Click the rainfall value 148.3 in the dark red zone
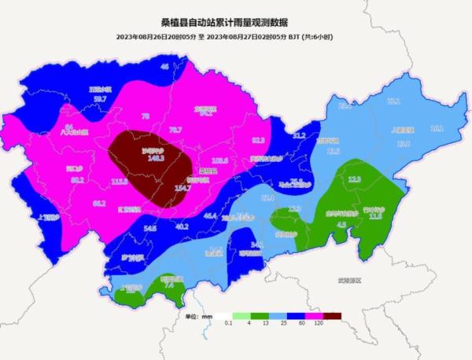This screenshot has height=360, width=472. click(155, 157)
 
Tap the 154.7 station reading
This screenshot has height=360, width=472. click(183, 188)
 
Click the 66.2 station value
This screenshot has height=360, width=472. click(99, 203)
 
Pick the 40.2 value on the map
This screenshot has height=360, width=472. click(182, 226)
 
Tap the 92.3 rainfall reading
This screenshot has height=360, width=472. click(258, 140)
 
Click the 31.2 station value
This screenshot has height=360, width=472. click(299, 135)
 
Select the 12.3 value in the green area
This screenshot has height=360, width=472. click(355, 179)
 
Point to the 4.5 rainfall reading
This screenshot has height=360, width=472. click(341, 224)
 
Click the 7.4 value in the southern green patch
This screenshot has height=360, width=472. click(168, 286)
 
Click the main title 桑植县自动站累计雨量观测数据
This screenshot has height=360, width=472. click(235, 24)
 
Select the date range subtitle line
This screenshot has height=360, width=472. click(235, 37)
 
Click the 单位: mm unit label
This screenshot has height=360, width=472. click(200, 316)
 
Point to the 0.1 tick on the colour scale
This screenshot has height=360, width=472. click(227, 324)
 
